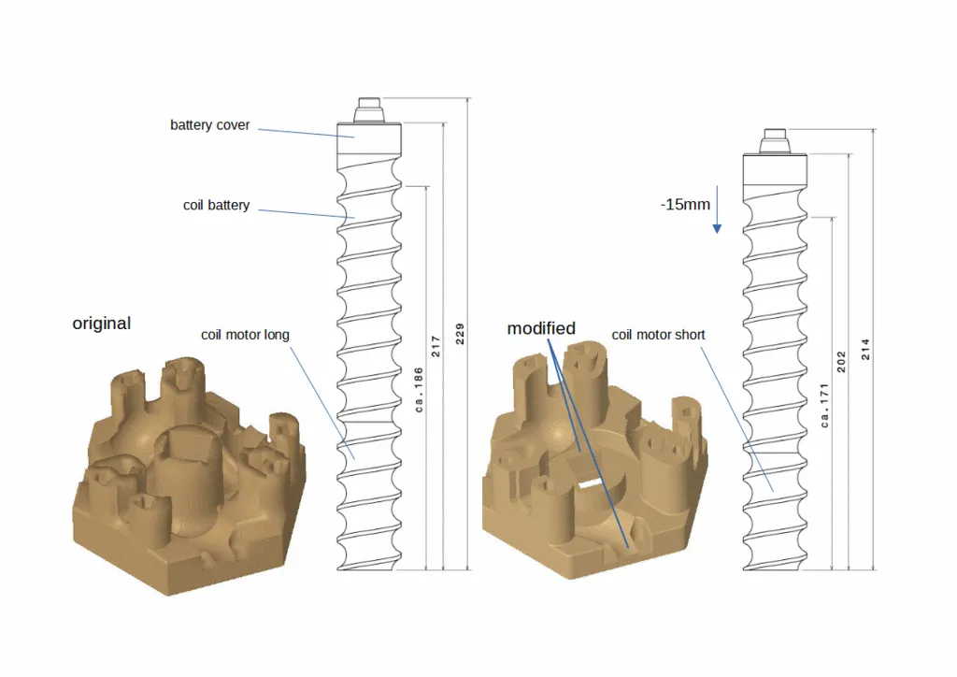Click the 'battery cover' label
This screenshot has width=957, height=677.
[209, 124]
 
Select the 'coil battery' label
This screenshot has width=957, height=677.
[216, 205]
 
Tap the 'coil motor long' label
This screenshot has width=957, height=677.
[245, 335]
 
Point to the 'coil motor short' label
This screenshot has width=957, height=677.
[658, 335]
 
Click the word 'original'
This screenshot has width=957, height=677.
[101, 324]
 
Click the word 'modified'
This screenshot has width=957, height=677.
[541, 328]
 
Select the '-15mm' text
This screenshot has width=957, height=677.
[685, 204]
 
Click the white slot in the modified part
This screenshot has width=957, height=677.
[588, 484]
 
